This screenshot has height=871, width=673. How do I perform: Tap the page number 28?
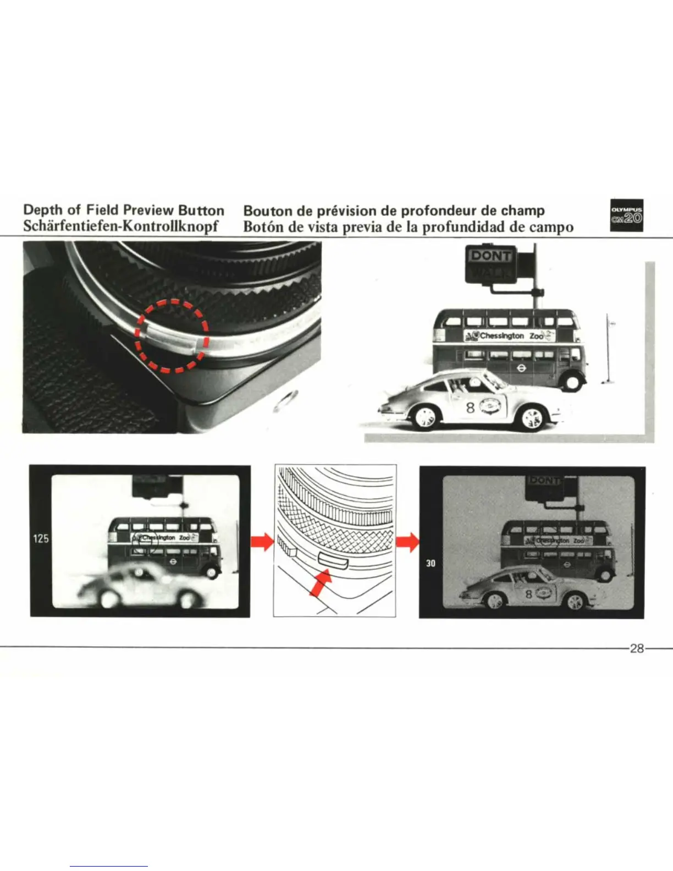point(637,648)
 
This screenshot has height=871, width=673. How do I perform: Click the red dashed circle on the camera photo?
point(171,335)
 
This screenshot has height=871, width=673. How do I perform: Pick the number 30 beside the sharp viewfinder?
point(431,563)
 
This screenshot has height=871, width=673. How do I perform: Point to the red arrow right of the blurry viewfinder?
point(262,542)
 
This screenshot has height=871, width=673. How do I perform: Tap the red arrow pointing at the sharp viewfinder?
point(407,542)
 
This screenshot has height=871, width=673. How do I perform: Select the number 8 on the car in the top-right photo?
point(470,407)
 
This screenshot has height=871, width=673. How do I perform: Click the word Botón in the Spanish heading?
point(262,226)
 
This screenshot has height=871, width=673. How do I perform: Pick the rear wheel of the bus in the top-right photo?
point(572,381)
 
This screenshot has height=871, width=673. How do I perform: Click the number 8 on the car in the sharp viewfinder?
point(528,594)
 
